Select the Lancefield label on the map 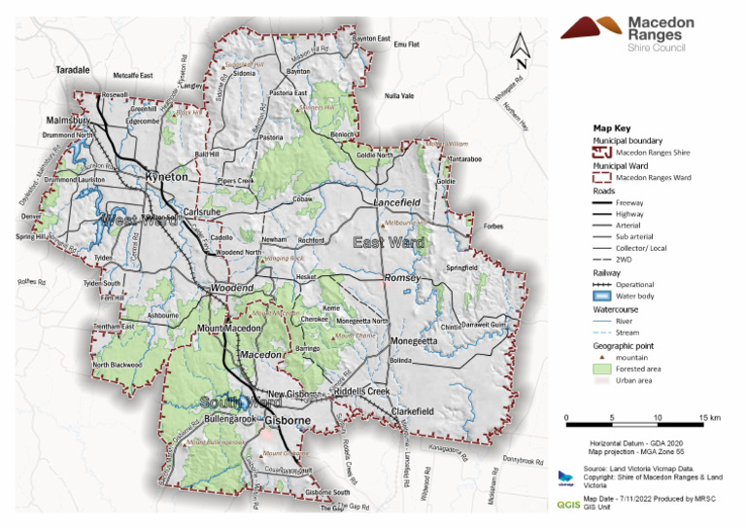point(397,201)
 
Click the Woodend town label point(233,289)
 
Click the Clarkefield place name point(412,411)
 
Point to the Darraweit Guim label point(485,325)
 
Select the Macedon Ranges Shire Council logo point(638,31)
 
